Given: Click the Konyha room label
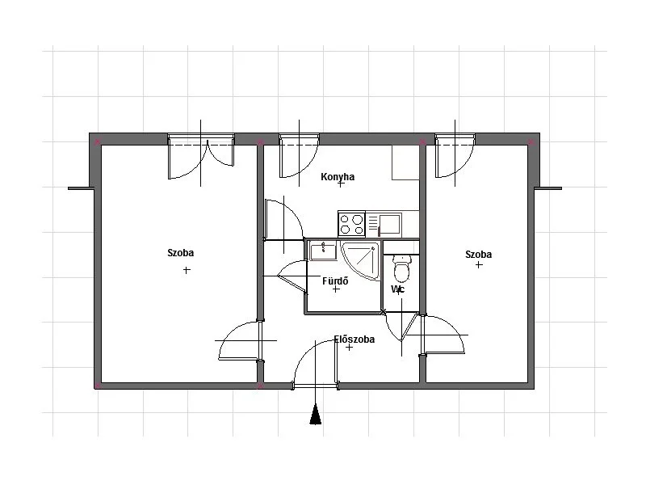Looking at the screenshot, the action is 338,177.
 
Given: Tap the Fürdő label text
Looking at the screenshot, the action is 335,280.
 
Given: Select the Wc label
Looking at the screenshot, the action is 398,289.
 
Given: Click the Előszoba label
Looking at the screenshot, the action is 354,339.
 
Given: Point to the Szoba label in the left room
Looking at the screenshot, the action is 180,253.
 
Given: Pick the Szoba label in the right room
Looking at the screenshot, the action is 478,255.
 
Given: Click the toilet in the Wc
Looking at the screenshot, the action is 401,268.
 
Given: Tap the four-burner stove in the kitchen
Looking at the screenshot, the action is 351,224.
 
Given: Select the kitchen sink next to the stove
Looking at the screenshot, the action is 384,224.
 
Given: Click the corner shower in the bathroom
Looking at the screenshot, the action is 360,260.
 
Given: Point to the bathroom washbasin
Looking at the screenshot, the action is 324,251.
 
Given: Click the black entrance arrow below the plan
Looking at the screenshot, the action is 316,414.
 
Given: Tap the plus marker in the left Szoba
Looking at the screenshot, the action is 187,270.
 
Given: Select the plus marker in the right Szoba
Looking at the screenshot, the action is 479,265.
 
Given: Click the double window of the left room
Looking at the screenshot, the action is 201,139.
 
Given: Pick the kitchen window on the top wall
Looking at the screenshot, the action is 299,139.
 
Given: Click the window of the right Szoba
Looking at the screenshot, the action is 455,139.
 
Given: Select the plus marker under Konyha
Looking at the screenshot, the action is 340,184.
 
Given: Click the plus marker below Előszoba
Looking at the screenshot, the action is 349,348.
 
